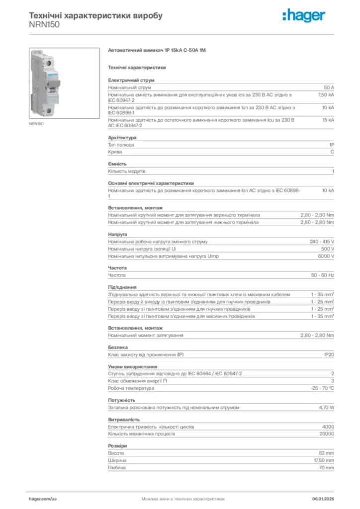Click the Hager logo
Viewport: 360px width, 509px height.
[x=303, y=16]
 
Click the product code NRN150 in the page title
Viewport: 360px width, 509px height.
[x=44, y=24]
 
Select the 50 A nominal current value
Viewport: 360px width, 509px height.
[x=329, y=87]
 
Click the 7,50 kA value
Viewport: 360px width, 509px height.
[x=326, y=94]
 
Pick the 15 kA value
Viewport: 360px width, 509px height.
[x=328, y=120]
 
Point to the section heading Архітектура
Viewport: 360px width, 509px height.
[x=122, y=138]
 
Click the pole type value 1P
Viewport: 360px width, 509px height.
[x=332, y=145]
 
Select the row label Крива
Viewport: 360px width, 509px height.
[x=115, y=152]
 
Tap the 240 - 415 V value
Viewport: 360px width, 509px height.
[x=322, y=242]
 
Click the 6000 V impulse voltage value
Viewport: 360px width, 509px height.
[x=326, y=256]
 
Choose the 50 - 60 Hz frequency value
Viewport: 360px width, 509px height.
[x=323, y=275]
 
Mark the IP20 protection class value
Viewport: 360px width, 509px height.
[x=329, y=354]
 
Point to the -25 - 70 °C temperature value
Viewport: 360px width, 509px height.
[x=322, y=388]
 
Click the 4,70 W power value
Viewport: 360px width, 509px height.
[x=326, y=407]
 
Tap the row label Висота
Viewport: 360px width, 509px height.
[x=116, y=453]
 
